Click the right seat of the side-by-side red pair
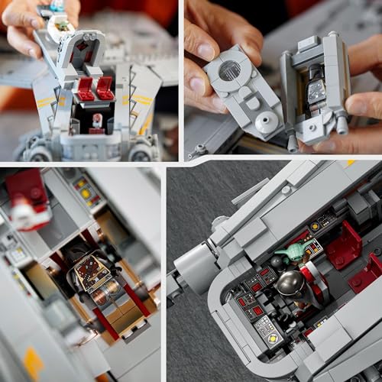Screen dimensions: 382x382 tap(105, 88)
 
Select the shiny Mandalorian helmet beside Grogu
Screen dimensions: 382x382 tap(289, 283)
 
